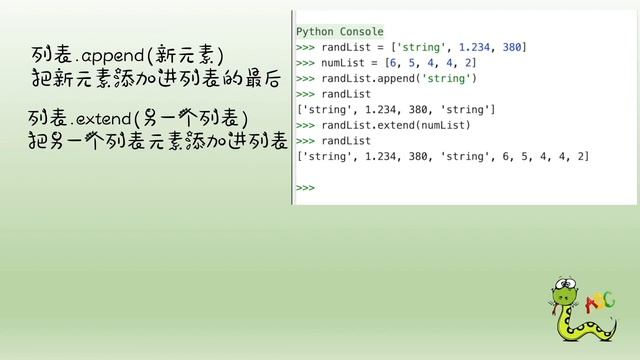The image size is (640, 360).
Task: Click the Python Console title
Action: (339, 32)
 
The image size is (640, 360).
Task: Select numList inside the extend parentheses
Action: (456, 125)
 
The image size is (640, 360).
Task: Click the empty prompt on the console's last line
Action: (305, 187)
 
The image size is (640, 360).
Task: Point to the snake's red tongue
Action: (554, 309)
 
